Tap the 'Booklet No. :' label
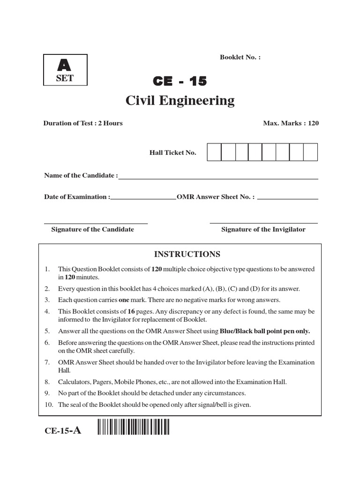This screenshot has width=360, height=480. (240, 57)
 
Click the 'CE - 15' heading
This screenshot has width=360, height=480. (180, 82)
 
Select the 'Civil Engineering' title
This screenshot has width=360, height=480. (180, 101)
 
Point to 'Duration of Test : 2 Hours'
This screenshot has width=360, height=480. (83, 123)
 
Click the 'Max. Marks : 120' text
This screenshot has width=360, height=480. (291, 123)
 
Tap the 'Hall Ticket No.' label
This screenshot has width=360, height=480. (172, 153)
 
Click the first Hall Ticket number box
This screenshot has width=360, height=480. (214, 152)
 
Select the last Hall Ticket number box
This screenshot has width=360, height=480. (310, 152)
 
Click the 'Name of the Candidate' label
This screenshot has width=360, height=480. (81, 175)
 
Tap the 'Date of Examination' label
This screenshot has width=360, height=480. (77, 197)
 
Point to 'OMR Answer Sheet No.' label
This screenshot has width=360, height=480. (216, 197)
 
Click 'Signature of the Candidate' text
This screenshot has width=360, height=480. (92, 229)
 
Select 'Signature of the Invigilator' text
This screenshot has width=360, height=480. (263, 229)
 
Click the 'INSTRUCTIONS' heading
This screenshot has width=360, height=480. (187, 254)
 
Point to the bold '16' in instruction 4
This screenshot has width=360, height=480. (125, 311)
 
